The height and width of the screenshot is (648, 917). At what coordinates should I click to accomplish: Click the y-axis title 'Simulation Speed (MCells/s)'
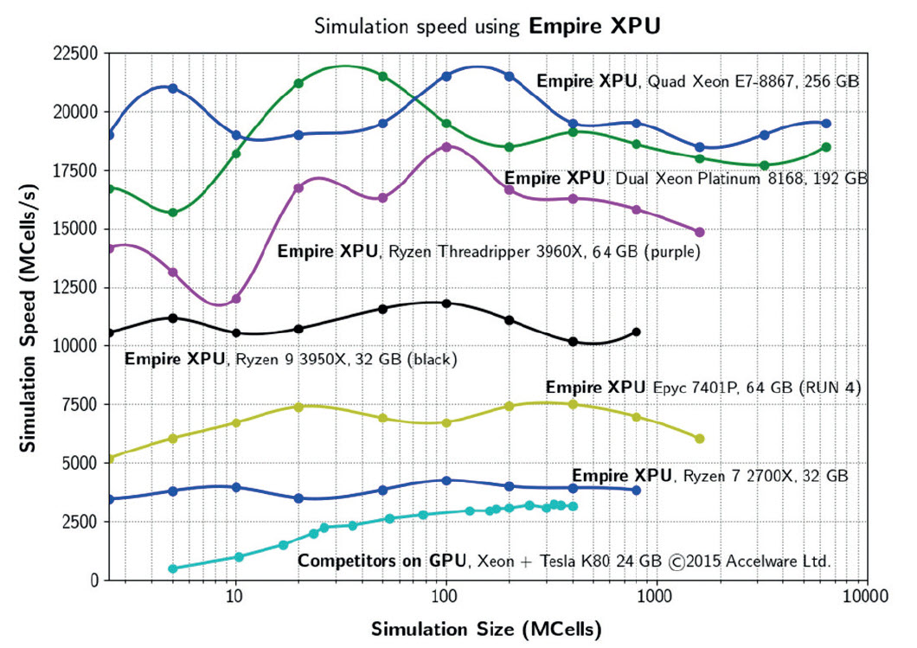pyautogui.click(x=28, y=317)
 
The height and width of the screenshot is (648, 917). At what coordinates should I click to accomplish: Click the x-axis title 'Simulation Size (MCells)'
pyautogui.click(x=487, y=626)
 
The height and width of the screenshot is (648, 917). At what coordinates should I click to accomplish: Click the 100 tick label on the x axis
pyautogui.click(x=445, y=597)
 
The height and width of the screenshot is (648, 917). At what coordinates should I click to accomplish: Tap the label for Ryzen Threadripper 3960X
pyautogui.click(x=488, y=252)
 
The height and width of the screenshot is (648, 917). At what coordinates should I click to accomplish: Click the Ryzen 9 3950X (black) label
pyautogui.click(x=291, y=358)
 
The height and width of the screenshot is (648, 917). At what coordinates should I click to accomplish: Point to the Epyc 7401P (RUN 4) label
pyautogui.click(x=703, y=388)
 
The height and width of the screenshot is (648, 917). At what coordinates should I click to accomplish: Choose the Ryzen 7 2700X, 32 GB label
pyautogui.click(x=710, y=476)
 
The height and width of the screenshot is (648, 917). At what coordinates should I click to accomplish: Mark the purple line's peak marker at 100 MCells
pyautogui.click(x=446, y=147)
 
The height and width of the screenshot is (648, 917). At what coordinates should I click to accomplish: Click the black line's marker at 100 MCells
pyautogui.click(x=446, y=304)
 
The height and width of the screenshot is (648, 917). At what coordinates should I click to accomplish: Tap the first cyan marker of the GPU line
pyautogui.click(x=173, y=568)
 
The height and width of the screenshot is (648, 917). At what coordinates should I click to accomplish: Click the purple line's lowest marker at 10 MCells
pyautogui.click(x=235, y=298)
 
